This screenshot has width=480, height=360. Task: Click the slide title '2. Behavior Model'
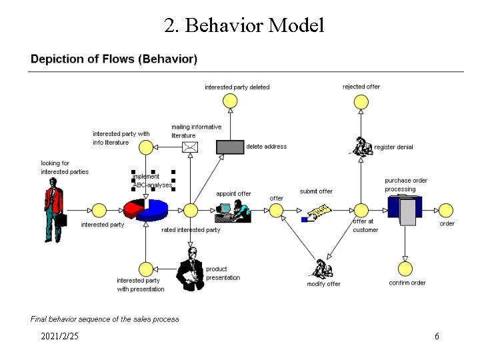(x=244, y=25)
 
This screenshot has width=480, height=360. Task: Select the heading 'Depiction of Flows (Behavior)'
(x=114, y=59)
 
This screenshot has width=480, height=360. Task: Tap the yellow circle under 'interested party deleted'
(x=229, y=101)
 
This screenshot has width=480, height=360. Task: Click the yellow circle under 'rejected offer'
(x=361, y=101)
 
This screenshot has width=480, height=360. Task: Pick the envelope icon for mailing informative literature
(x=191, y=147)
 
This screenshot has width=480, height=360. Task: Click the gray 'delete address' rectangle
(x=231, y=147)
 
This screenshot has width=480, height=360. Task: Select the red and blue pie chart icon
(x=145, y=209)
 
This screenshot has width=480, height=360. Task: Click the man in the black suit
(x=191, y=268)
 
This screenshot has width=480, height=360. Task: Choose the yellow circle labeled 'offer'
(x=276, y=211)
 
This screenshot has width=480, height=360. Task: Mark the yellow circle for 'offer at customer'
(x=361, y=211)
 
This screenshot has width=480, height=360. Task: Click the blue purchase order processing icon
(x=403, y=208)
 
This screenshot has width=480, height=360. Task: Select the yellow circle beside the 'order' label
(x=427, y=211)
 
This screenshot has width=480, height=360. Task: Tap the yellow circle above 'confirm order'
(x=405, y=269)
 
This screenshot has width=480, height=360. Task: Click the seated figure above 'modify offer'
(x=322, y=268)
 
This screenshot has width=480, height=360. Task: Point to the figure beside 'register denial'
(x=362, y=146)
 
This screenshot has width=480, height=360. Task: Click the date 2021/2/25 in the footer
(x=59, y=337)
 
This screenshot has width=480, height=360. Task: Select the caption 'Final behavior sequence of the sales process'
(x=105, y=319)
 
